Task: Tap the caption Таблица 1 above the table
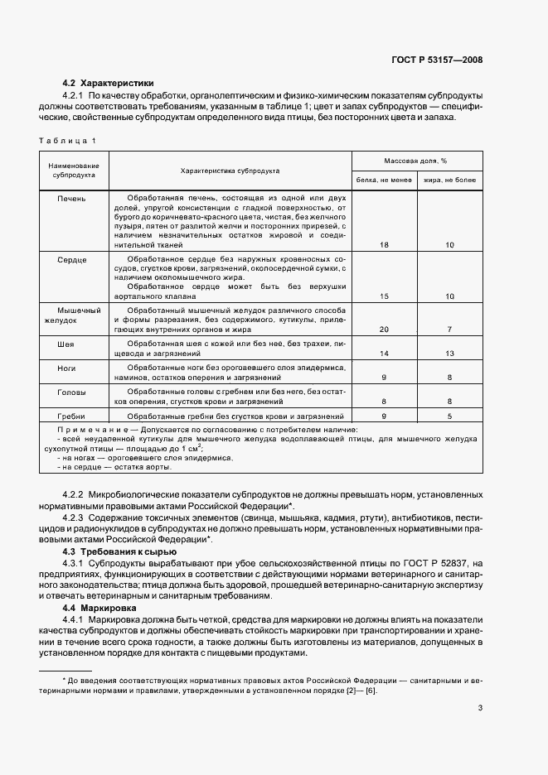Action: [x=67, y=141]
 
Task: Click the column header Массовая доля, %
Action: [x=415, y=161]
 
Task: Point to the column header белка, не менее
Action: [x=384, y=179]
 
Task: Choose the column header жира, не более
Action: [x=449, y=179]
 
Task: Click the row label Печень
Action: [x=72, y=199]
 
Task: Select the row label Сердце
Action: [x=72, y=260]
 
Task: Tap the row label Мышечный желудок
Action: [x=72, y=313]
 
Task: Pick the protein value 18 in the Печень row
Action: [x=384, y=245]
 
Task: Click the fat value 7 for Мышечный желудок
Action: [x=449, y=330]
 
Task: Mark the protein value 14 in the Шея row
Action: [x=384, y=354]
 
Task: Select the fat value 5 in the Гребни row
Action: [x=449, y=416]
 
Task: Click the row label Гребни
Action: [x=72, y=416]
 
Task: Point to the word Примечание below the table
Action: [x=85, y=430]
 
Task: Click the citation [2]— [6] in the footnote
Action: [x=361, y=691]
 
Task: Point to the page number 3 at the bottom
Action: [x=480, y=708]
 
